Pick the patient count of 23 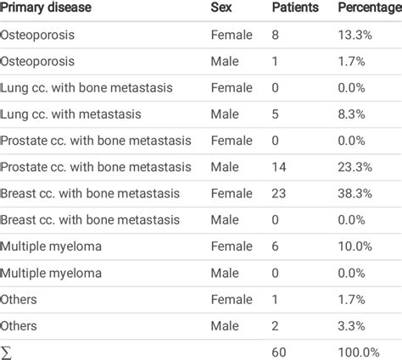(x=279, y=193)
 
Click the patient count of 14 (x=278, y=167)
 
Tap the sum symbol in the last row (x=5, y=352)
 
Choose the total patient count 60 (x=279, y=352)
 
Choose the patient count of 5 (x=275, y=114)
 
